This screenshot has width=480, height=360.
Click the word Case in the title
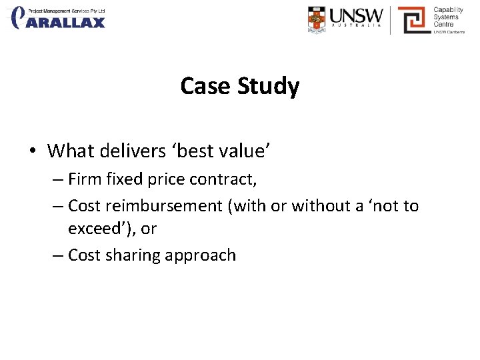point(204,86)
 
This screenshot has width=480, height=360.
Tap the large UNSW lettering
point(357,15)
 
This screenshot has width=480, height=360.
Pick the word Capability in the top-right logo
point(448,10)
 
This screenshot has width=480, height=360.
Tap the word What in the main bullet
point(69,151)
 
